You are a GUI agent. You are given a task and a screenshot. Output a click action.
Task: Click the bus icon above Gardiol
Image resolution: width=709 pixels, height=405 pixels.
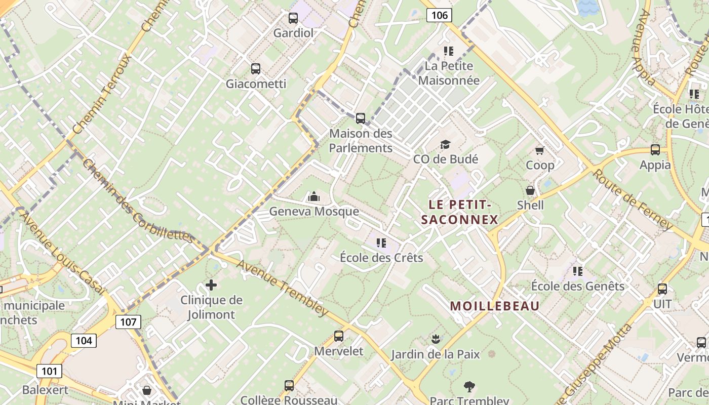(293, 18)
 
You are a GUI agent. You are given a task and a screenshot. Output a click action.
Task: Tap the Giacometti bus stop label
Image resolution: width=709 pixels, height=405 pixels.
(256, 84)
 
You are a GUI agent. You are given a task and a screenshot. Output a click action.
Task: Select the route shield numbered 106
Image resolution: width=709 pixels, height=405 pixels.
(439, 15)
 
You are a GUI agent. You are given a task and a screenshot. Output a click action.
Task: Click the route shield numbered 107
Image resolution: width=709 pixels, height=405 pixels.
(128, 321)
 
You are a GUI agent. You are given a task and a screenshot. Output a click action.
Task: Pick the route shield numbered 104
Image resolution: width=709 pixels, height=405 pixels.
(83, 340)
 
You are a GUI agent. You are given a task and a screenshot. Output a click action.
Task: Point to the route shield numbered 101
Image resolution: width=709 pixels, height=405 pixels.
(49, 371)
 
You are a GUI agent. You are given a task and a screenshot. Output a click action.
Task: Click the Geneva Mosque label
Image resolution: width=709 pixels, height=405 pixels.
(314, 211)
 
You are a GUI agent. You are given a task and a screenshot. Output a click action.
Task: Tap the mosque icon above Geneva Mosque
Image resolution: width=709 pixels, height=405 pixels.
(314, 196)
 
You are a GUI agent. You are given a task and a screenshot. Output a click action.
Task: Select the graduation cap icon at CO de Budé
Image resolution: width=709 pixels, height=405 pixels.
(445, 145)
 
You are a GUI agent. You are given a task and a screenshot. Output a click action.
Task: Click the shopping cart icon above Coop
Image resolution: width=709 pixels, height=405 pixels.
(540, 150)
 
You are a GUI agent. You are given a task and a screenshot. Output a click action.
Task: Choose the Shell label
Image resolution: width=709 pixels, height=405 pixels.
(530, 205)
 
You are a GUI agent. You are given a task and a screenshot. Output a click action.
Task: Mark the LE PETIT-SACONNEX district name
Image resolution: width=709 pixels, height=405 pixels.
(460, 212)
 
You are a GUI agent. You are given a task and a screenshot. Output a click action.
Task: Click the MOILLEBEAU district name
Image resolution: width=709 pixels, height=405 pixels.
(495, 306)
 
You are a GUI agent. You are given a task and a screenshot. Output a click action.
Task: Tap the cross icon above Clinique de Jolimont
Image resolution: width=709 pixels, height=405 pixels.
(211, 285)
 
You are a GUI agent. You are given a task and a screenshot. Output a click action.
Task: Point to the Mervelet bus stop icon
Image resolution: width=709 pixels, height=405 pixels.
(339, 336)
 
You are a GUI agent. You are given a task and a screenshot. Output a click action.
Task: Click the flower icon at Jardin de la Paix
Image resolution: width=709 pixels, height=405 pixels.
(435, 339)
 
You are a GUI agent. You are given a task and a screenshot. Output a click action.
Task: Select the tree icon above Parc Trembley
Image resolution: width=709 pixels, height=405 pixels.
(469, 387)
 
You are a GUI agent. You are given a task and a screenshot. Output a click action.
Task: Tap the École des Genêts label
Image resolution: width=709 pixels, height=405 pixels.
(577, 286)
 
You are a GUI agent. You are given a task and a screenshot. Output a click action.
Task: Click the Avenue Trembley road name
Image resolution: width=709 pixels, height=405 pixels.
(282, 287)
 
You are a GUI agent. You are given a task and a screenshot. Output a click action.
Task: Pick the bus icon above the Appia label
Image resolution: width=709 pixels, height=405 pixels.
(655, 150)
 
